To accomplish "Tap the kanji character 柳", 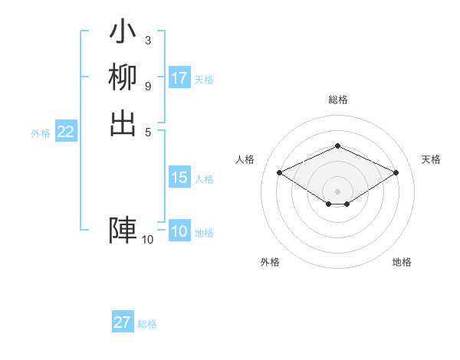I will pyautogui.click(x=123, y=77).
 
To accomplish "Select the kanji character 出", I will pyautogui.click(x=123, y=123).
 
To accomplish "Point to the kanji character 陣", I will pyautogui.click(x=123, y=231).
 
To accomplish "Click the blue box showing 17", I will pyautogui.click(x=179, y=78).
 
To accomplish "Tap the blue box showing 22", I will pyautogui.click(x=66, y=132).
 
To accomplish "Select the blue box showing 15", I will pyautogui.click(x=179, y=178).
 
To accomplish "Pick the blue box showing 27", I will pyautogui.click(x=123, y=322).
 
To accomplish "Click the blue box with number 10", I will pyautogui.click(x=179, y=231).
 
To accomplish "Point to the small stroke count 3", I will pyautogui.click(x=147, y=40).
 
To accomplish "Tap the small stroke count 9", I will pyautogui.click(x=147, y=86).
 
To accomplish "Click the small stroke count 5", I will pyautogui.click(x=147, y=132).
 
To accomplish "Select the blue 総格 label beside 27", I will pyautogui.click(x=147, y=324).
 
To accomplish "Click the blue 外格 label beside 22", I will pyautogui.click(x=41, y=133).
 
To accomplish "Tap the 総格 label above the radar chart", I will pyautogui.click(x=337, y=100).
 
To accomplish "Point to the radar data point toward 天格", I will pyautogui.click(x=396, y=172).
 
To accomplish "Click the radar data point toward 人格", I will pyautogui.click(x=279, y=172).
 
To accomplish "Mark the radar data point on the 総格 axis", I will pyautogui.click(x=337, y=146).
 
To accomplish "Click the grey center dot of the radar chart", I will pyautogui.click(x=337, y=191).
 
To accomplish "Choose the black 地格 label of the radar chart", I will pyautogui.click(x=402, y=262).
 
